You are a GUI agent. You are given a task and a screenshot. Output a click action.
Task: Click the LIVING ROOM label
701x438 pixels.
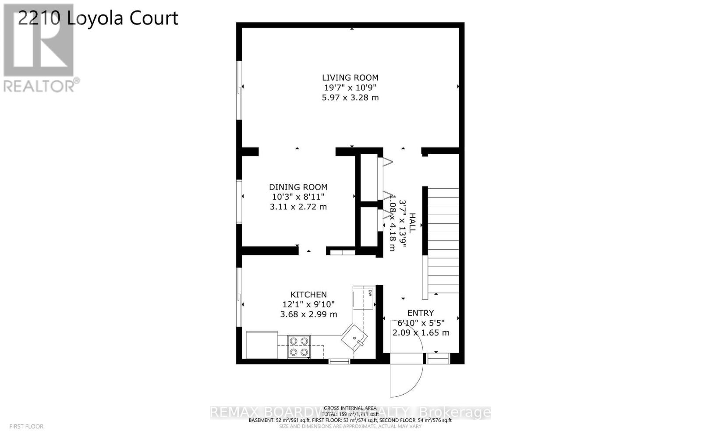[350, 78]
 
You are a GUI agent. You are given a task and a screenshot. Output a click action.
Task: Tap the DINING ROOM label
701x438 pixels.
[298, 187]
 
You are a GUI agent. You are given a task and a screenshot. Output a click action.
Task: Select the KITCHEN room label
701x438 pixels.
[308, 295]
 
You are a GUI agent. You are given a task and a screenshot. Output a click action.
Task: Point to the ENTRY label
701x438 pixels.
[421, 313]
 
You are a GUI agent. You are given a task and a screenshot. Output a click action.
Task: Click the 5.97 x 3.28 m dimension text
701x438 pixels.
[350, 98]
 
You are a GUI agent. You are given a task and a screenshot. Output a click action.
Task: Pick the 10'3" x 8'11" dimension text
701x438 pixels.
[298, 197]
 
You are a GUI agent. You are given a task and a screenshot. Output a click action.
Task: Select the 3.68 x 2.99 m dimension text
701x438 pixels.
[308, 314]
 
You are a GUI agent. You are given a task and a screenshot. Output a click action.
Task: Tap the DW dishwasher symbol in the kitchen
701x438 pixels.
[370, 292]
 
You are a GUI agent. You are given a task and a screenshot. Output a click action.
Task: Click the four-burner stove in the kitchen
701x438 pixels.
[299, 346]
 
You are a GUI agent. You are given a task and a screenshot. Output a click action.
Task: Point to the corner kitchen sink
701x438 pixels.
[355, 337]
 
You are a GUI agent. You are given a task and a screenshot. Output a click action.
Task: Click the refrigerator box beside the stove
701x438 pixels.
[262, 345]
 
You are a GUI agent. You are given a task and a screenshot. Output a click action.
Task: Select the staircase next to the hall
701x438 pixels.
[443, 241]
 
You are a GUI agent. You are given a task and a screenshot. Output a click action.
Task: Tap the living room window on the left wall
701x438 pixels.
[239, 90]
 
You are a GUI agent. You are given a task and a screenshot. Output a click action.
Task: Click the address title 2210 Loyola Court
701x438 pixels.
[98, 18]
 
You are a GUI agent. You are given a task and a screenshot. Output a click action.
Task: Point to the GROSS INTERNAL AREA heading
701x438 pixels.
[350, 408]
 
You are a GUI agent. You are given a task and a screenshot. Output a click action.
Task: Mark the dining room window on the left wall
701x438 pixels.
[239, 201]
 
